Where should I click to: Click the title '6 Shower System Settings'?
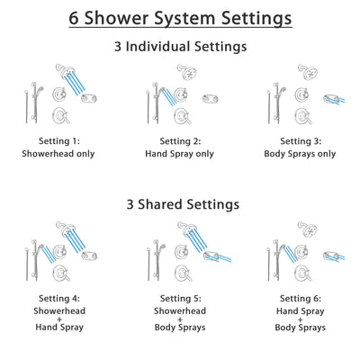[x=180, y=18]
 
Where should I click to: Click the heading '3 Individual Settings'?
[x=180, y=47]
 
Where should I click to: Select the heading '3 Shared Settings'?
[x=180, y=204]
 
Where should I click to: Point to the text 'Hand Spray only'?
[x=180, y=154]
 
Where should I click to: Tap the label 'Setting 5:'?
[x=180, y=299]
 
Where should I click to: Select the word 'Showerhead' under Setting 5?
[x=180, y=311]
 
